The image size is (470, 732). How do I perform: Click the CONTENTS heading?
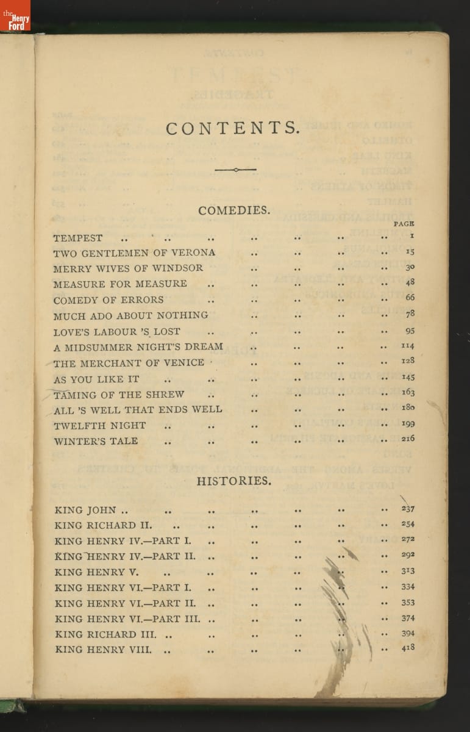(x=233, y=128)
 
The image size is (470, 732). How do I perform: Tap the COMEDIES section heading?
(x=233, y=210)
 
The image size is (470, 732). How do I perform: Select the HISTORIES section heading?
(x=233, y=481)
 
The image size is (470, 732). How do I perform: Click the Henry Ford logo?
(x=15, y=15)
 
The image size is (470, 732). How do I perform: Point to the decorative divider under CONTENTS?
(x=235, y=170)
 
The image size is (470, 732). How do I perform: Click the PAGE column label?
(x=404, y=224)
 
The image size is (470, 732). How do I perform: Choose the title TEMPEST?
(x=78, y=238)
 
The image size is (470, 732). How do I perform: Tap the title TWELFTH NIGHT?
(x=100, y=425)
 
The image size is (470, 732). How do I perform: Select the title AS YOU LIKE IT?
(x=96, y=379)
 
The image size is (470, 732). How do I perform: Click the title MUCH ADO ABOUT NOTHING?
(x=130, y=315)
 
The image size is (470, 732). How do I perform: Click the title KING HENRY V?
(x=97, y=572)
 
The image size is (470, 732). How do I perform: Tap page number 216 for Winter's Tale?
(x=408, y=439)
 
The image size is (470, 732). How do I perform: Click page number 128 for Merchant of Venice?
(x=408, y=361)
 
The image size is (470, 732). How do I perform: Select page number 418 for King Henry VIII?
(x=408, y=648)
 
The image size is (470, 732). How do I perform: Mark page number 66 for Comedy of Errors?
(x=410, y=298)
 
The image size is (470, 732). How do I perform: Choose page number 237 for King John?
(x=408, y=509)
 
